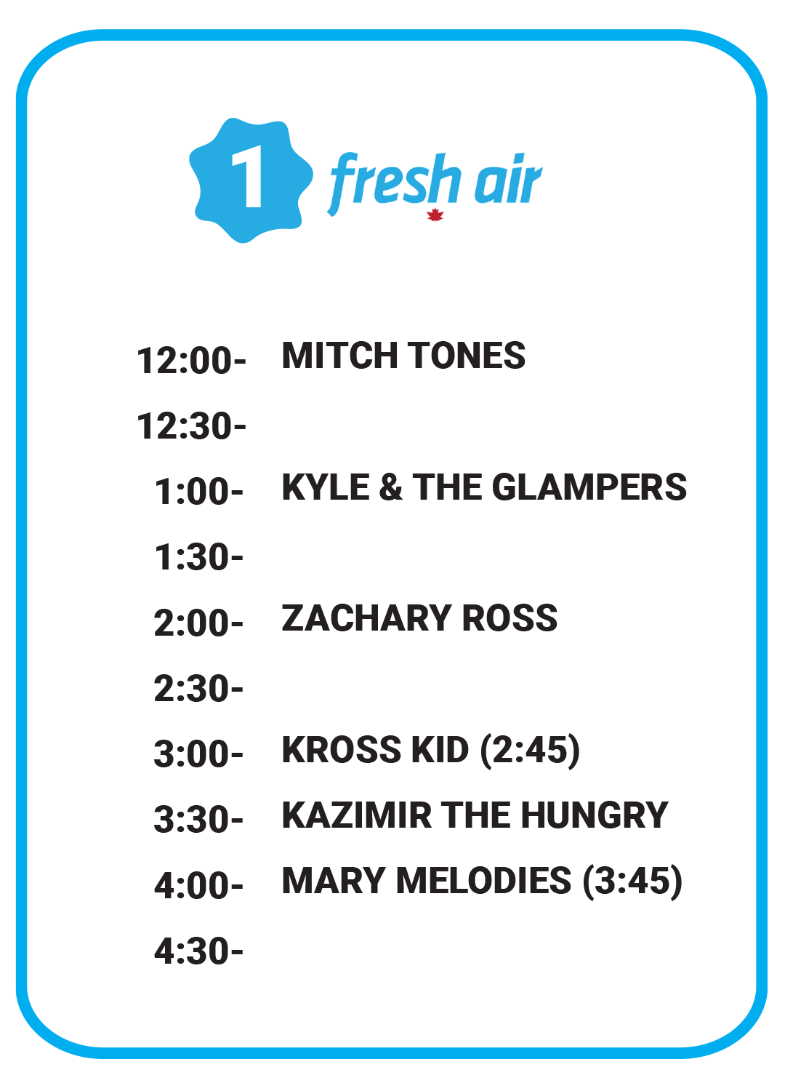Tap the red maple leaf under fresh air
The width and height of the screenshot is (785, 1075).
tap(435, 215)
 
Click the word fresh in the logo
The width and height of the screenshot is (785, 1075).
tap(392, 183)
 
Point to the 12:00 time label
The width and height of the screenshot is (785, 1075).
tap(191, 361)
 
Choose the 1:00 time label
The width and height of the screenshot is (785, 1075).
tap(199, 492)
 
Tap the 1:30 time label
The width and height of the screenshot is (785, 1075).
tap(199, 558)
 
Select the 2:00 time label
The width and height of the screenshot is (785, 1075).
tap(198, 623)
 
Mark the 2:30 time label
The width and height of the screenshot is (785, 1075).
tap(198, 690)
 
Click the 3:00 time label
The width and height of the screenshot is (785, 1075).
tap(198, 754)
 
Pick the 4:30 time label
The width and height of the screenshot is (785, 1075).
tap(199, 951)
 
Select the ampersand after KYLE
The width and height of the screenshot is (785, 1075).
tap(390, 487)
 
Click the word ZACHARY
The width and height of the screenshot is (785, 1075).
tap(366, 618)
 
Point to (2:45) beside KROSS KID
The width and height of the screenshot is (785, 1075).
tap(531, 751)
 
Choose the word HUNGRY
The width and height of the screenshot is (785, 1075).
tap(595, 815)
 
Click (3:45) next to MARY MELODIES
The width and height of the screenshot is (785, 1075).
tap(632, 882)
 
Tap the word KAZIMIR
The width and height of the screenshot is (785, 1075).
tap(357, 815)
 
